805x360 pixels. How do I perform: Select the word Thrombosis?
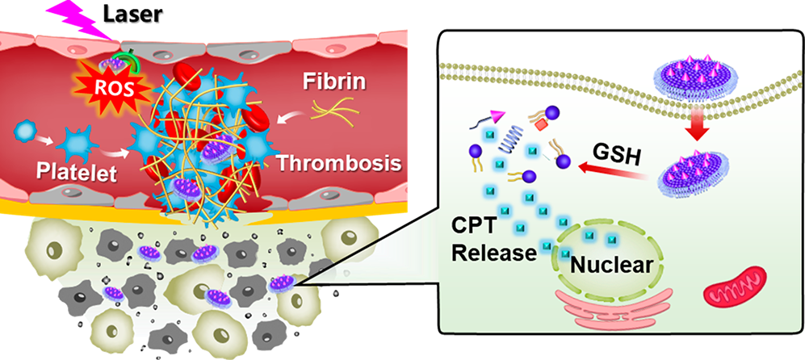click(340, 164)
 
